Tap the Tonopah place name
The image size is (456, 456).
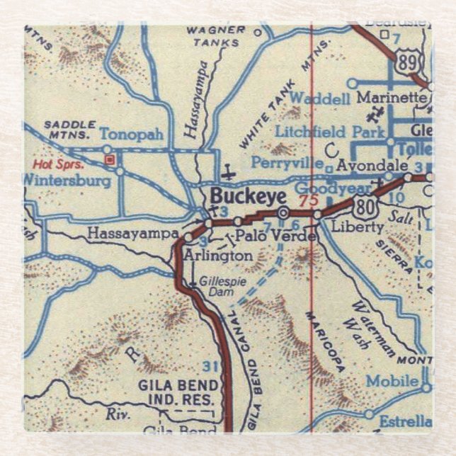pyautogui.click(x=131, y=134)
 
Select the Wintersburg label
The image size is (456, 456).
pyautogui.click(x=67, y=181)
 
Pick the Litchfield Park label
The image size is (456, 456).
pyautogui.click(x=329, y=132)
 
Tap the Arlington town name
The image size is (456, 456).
pyautogui.click(x=218, y=255)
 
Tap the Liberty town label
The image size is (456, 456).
pyautogui.click(x=358, y=227)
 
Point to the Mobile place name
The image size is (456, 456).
pyautogui.click(x=392, y=381)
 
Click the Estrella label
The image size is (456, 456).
pyautogui.click(x=405, y=420)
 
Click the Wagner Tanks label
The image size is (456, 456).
pyautogui.click(x=213, y=35)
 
